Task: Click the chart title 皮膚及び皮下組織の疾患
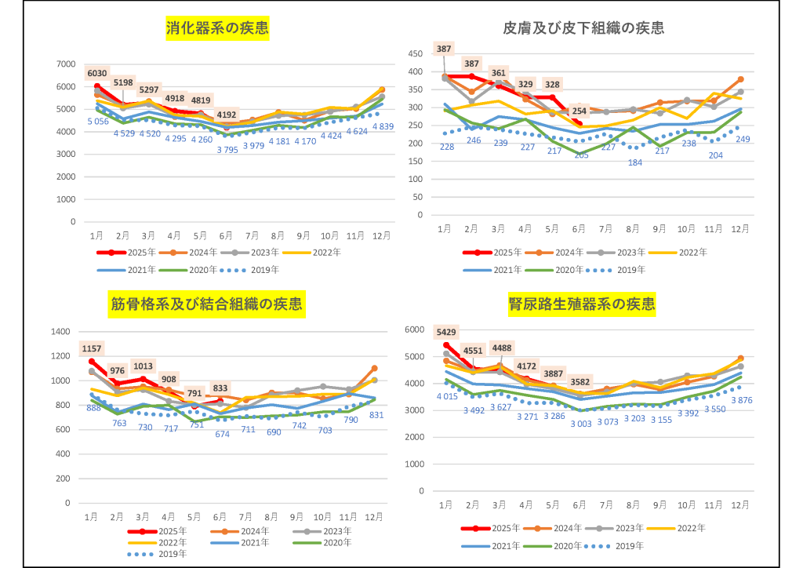click(x=583, y=29)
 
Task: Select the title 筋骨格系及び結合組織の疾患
click(x=205, y=304)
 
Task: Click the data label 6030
click(x=97, y=74)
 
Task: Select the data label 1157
click(x=92, y=348)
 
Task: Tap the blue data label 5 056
click(x=97, y=122)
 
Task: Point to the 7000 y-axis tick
click(x=66, y=64)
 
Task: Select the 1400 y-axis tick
click(x=60, y=332)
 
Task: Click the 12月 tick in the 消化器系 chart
click(x=381, y=235)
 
